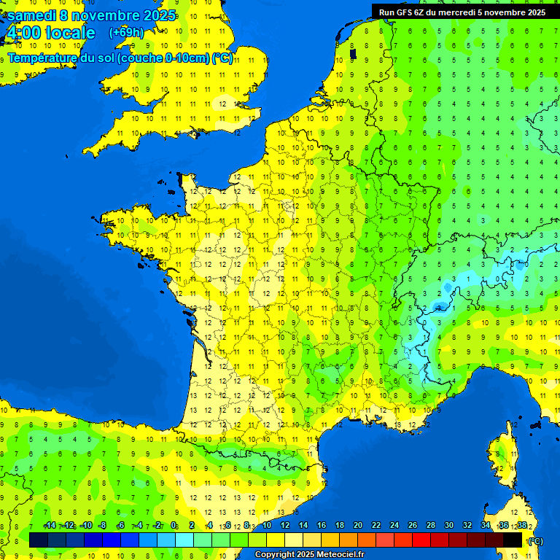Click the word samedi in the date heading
point(33,15)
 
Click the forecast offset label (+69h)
point(126,32)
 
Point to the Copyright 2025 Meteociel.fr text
point(309,554)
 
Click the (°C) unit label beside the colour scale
point(534,540)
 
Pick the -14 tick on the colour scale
point(50,525)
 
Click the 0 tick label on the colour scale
point(174,525)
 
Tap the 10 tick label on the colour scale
point(267,525)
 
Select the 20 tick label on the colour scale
point(357,525)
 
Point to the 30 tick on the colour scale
point(448,525)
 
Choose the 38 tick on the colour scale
point(521,525)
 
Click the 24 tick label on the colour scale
point(394,525)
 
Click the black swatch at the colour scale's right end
point(513,540)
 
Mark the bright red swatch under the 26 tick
point(421,540)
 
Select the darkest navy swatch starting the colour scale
point(39,540)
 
